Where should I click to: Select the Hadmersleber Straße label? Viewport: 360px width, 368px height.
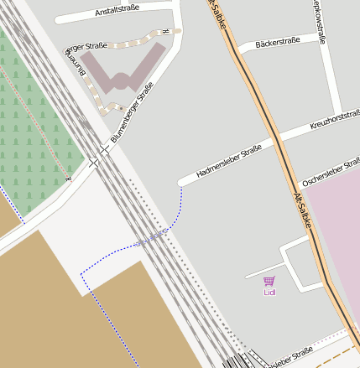[228, 160]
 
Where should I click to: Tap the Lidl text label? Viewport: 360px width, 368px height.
[269, 293]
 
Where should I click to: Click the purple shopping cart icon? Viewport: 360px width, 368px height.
[269, 282]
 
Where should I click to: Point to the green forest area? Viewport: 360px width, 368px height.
[34, 126]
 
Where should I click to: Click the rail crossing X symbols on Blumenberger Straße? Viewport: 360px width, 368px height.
[99, 156]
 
